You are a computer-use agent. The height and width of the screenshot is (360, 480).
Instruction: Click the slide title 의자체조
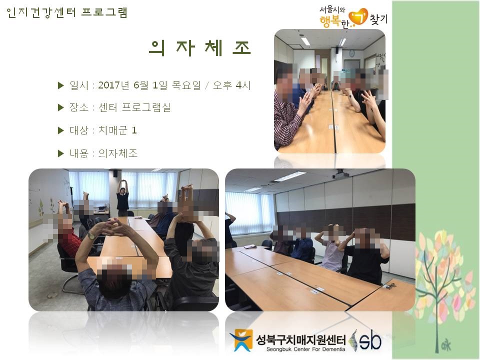click(200, 48)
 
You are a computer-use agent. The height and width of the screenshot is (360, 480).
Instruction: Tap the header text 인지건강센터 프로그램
click(66, 13)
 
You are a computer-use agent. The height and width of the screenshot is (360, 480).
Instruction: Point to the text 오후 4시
click(231, 85)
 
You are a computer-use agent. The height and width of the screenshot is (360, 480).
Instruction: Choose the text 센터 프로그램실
click(134, 107)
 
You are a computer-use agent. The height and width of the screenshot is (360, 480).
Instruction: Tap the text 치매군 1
click(117, 130)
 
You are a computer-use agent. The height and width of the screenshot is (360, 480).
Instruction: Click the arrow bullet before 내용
click(60, 153)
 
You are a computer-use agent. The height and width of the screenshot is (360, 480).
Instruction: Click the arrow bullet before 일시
click(60, 85)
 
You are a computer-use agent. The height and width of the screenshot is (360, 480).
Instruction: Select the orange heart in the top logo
click(358, 16)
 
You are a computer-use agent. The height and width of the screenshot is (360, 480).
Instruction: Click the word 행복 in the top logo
click(330, 21)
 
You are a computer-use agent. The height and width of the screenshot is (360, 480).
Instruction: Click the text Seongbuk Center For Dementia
click(305, 349)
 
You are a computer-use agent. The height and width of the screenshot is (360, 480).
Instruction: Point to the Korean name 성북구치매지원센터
click(300, 339)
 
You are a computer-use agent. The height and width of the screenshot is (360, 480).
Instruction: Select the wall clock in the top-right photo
click(352, 53)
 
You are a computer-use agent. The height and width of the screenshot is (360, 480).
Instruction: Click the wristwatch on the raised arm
click(91, 235)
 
